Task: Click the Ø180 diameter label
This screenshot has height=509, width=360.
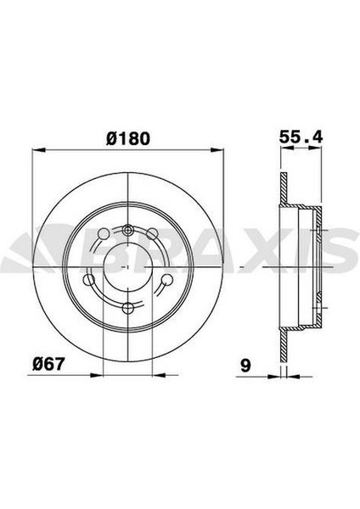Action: point(128,138)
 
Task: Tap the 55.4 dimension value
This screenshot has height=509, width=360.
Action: point(301,137)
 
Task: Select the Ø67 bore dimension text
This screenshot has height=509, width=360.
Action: point(48,365)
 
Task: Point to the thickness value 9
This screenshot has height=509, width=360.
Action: point(245,366)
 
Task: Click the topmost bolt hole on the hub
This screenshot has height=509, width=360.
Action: point(128,231)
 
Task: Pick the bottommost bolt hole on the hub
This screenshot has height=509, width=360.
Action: point(128,308)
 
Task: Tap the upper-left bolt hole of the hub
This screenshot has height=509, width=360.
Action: point(104,234)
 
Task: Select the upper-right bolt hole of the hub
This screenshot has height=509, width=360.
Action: point(152,234)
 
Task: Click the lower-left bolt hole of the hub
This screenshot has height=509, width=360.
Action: point(88,280)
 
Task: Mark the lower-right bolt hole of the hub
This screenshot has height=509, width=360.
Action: point(167,280)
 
